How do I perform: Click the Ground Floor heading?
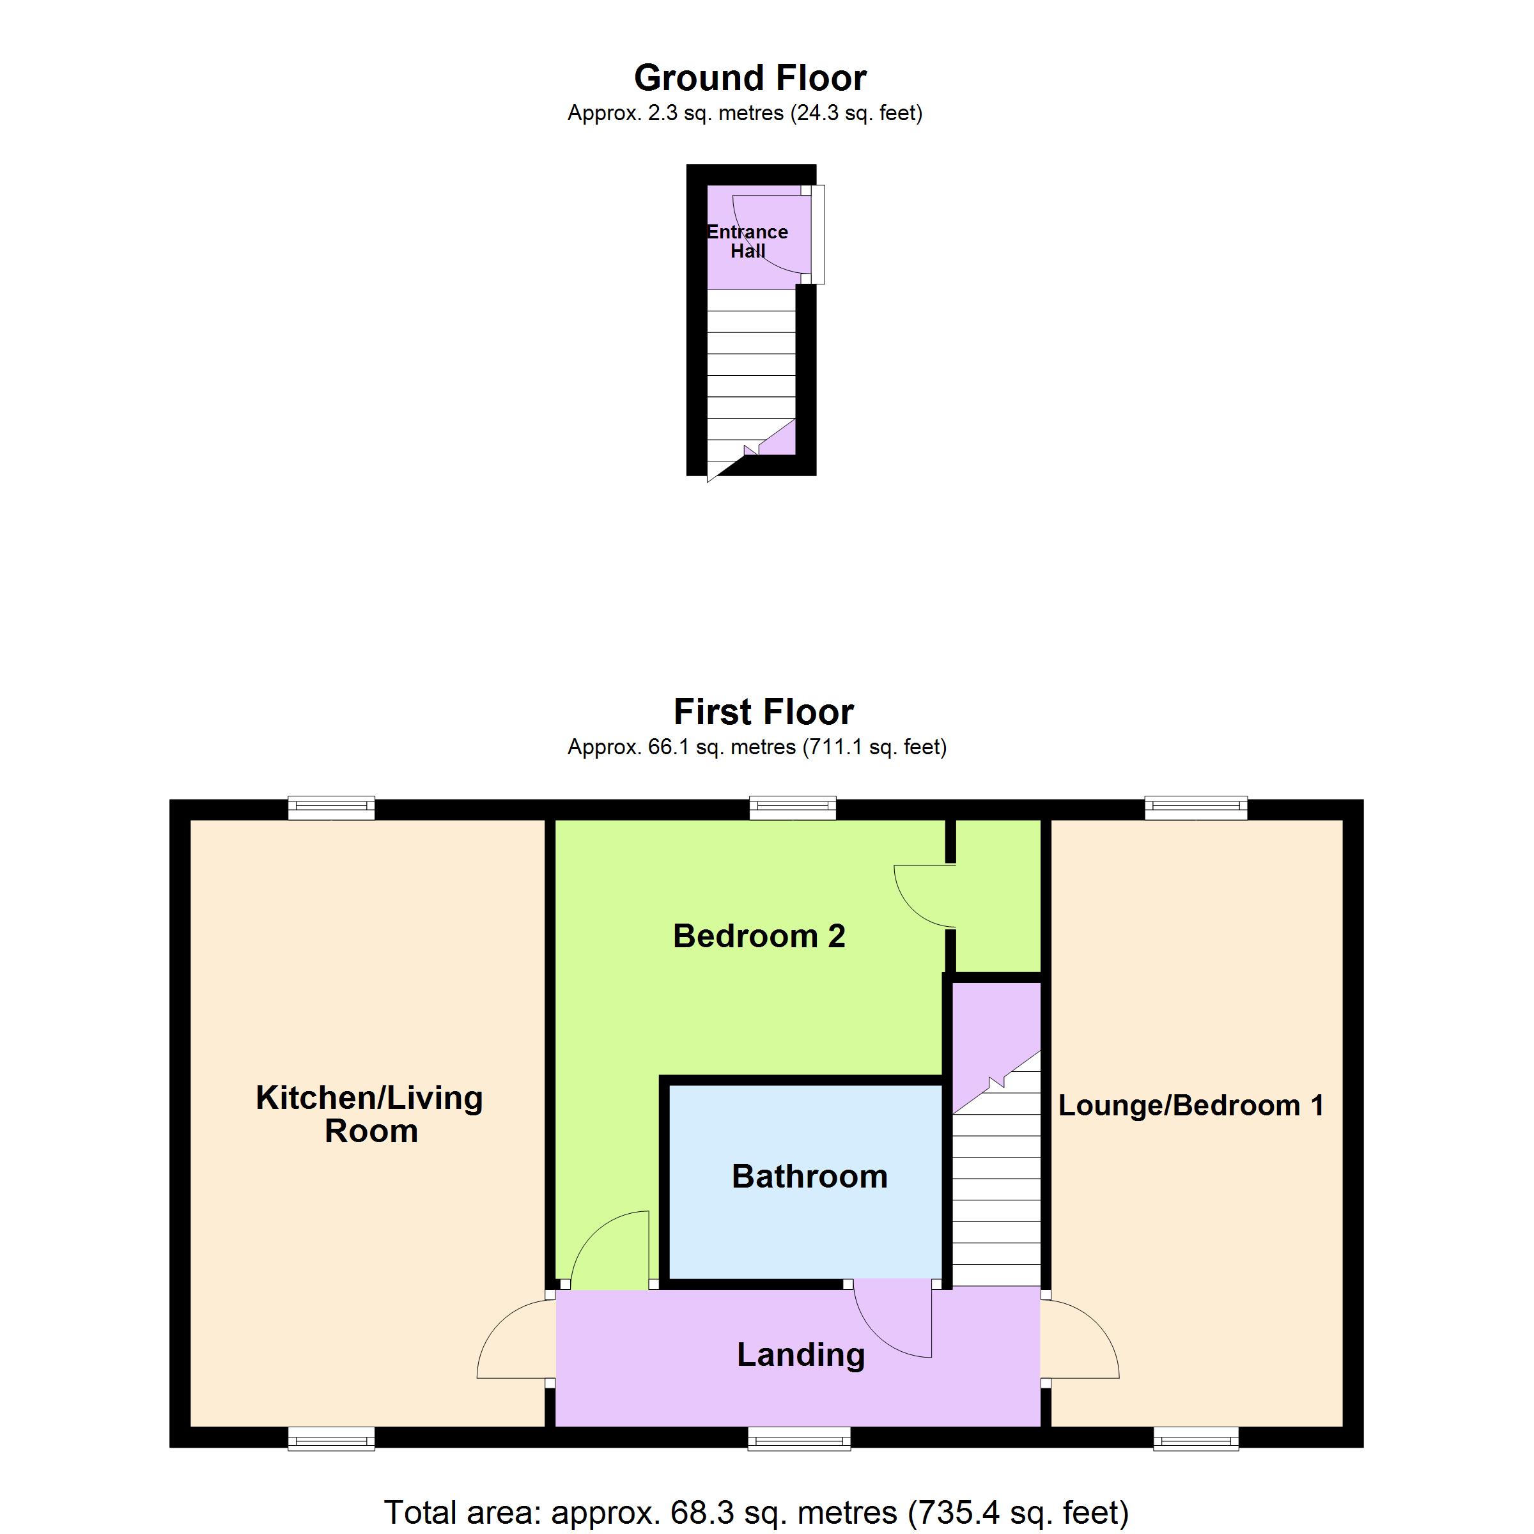[750, 79]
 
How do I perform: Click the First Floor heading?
[763, 712]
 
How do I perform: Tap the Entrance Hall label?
[747, 242]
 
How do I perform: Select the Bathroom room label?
[809, 1176]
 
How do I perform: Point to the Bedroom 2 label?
[759, 936]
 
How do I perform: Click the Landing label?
[800, 1354]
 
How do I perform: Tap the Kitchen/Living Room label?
[369, 1114]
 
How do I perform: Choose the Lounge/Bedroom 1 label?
[1191, 1105]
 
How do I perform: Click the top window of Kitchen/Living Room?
[331, 809]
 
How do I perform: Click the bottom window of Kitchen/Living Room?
[331, 1439]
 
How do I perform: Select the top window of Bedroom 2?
[793, 809]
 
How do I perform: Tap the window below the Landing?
[800, 1439]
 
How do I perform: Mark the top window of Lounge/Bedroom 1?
[1196, 809]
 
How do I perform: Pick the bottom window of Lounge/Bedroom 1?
[1196, 1439]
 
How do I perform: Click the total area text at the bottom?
[756, 1512]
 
